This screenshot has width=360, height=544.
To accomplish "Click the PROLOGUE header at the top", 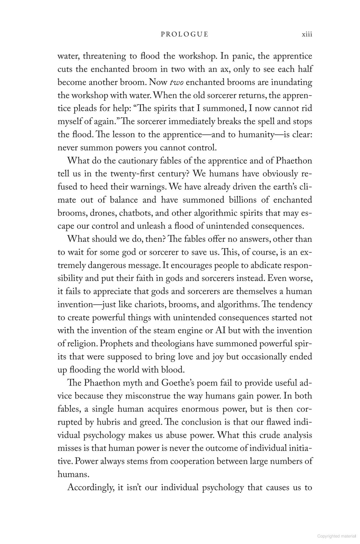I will (184, 34).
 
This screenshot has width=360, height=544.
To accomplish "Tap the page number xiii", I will (307, 34).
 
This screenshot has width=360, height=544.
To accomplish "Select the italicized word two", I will (177, 82).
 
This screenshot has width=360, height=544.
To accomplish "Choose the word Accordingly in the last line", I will (91, 487).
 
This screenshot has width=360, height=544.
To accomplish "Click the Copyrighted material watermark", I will (337, 536).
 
